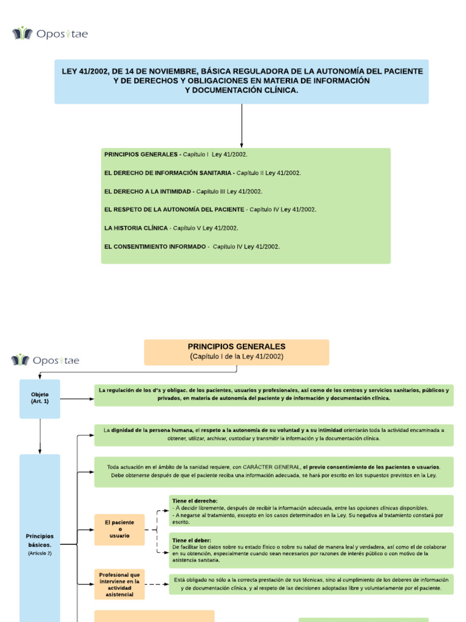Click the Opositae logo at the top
click(x=50, y=33)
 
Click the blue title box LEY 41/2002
click(x=241, y=81)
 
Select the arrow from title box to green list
click(x=241, y=125)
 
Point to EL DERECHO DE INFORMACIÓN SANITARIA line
click(x=202, y=173)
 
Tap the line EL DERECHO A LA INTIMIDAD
click(x=183, y=191)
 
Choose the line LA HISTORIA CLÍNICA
click(x=171, y=228)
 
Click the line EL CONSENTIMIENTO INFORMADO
click(x=192, y=246)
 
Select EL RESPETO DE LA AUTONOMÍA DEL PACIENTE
click(x=210, y=210)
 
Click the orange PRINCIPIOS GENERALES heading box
click(x=237, y=352)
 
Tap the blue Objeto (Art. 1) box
click(x=40, y=398)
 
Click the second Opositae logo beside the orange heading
click(x=46, y=360)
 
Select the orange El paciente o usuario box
click(x=120, y=529)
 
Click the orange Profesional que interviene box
click(x=120, y=584)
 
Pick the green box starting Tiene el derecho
click(x=311, y=511)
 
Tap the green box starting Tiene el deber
click(x=311, y=550)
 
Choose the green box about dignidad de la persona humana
click(x=274, y=434)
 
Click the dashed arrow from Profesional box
click(x=157, y=584)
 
